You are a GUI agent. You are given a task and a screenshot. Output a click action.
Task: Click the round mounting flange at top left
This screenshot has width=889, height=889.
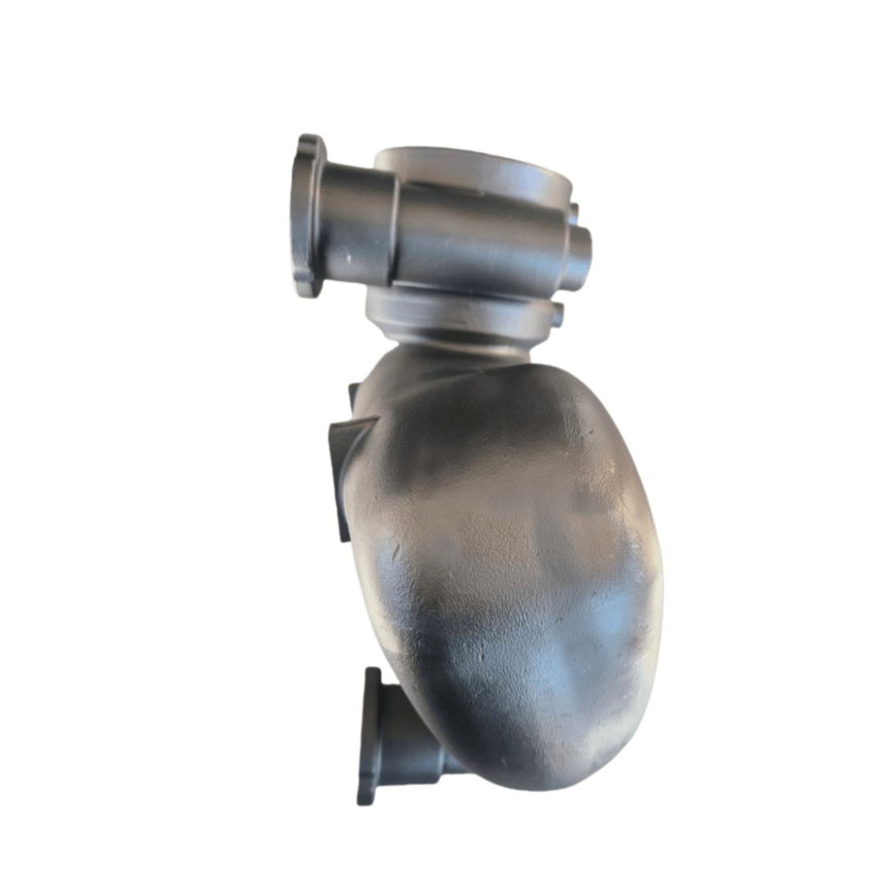pos(308,216)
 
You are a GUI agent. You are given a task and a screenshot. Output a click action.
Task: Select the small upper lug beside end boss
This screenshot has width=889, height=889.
pos(573,213)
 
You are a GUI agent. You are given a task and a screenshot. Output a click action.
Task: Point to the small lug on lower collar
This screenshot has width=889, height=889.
pos(557,314)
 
